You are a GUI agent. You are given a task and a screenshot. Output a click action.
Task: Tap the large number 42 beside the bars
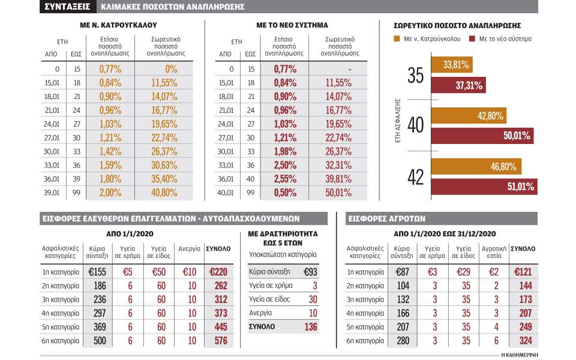click(x=416, y=176)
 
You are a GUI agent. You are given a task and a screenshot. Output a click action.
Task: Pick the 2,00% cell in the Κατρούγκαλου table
click(x=110, y=193)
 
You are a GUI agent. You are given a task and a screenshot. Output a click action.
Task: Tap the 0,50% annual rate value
click(x=285, y=193)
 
